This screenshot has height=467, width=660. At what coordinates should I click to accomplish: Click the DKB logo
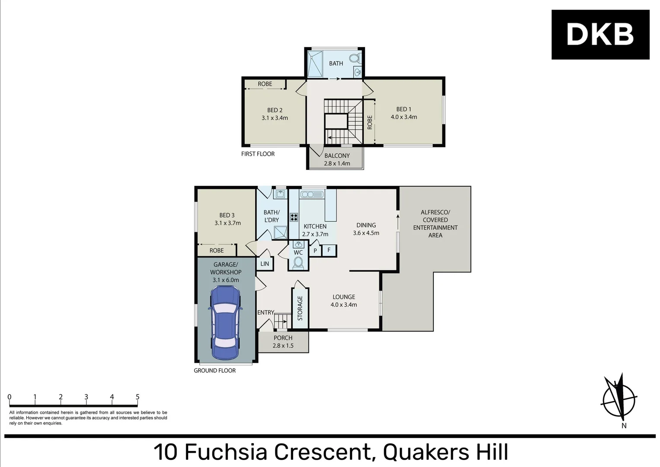600,35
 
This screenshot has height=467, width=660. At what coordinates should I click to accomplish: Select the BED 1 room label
404,109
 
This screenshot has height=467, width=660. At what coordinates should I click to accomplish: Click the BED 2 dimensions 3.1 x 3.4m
275,118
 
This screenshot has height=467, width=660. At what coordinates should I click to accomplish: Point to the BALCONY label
337,156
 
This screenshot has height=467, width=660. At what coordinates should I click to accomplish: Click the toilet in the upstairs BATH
355,58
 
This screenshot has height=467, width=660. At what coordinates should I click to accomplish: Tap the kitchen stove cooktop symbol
294,217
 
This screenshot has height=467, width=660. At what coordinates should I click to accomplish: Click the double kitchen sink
312,195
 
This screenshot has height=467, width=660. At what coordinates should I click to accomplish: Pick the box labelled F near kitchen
329,250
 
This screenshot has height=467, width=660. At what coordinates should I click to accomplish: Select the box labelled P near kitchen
315,251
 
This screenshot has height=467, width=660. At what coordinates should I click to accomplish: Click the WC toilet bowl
298,262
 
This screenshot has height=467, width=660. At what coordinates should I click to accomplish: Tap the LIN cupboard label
265,264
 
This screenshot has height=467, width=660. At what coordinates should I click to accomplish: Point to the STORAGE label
300,308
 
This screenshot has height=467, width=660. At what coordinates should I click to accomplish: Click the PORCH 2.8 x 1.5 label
283,342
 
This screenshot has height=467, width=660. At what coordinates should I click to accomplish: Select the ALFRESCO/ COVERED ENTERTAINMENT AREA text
435,224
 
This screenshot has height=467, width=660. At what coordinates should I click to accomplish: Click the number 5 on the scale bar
138,397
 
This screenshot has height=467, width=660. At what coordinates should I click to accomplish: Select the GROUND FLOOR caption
215,371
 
